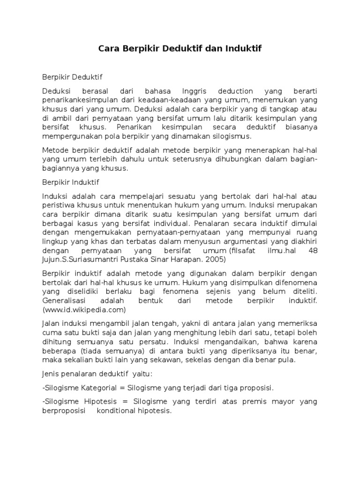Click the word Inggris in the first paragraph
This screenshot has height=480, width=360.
[x=187, y=91]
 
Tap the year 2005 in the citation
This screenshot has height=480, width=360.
[x=215, y=259]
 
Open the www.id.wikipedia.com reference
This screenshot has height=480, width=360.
[x=84, y=310]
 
